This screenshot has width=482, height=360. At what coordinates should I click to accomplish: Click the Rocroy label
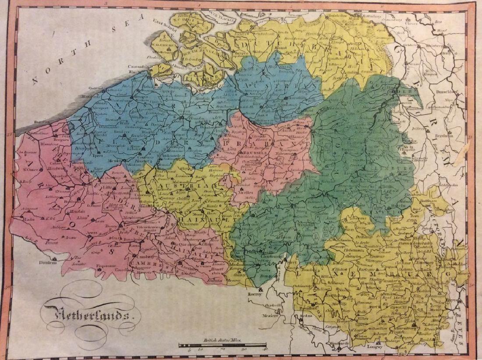click(x=254, y=295)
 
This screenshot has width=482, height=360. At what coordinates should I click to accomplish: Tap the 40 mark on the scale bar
click(x=265, y=349)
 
